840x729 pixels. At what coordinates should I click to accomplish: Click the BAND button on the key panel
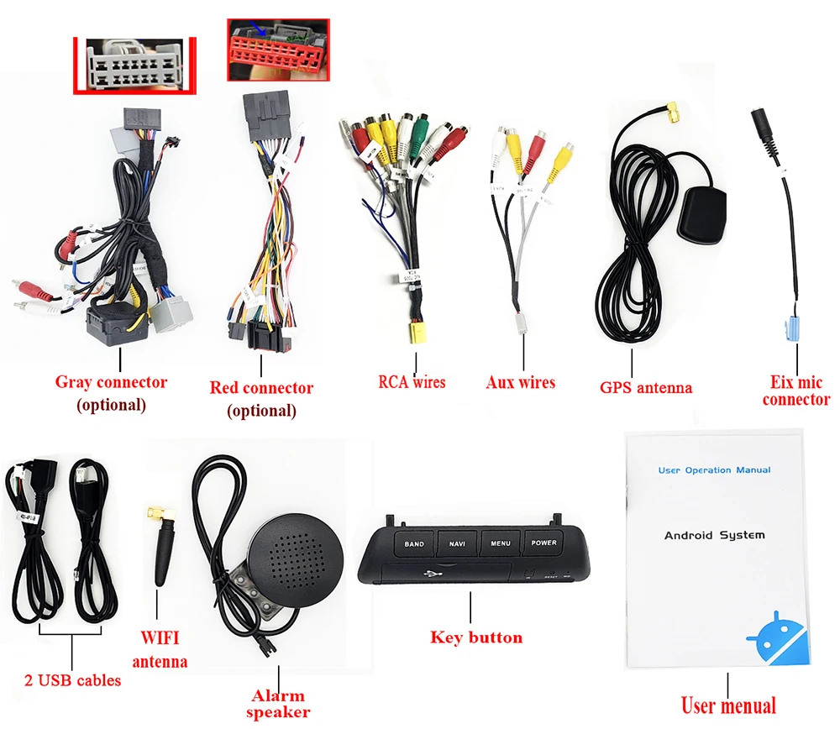pos(414,544)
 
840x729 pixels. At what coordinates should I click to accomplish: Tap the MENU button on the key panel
pos(501,543)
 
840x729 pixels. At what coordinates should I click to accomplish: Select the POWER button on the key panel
pos(543,543)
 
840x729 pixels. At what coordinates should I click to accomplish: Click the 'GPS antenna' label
pos(645,388)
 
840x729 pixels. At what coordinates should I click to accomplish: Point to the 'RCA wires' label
pos(412,382)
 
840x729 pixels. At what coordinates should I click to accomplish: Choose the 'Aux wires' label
pos(520,383)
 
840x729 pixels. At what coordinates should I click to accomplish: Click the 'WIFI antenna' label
pos(159,649)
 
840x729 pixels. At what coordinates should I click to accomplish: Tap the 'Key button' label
pos(475,637)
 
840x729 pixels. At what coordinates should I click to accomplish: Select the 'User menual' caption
pos(727,705)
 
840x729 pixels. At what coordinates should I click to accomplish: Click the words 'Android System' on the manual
pos(714,535)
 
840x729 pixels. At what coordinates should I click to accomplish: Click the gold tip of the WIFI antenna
pos(155,511)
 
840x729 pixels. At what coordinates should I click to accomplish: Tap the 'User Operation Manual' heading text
pos(714,470)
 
